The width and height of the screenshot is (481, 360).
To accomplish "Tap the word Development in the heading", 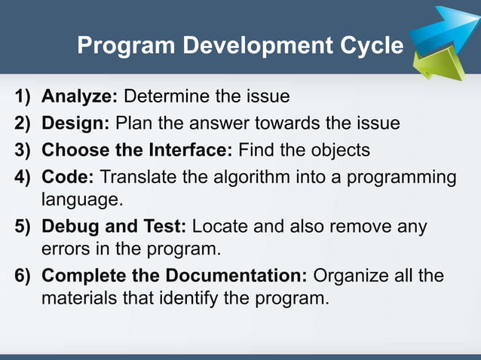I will click(x=250, y=47).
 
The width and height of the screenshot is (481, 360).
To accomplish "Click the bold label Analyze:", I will click(x=80, y=97).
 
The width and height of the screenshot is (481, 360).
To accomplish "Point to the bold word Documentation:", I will click(x=233, y=275).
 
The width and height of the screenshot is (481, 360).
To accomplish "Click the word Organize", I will click(x=348, y=275).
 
